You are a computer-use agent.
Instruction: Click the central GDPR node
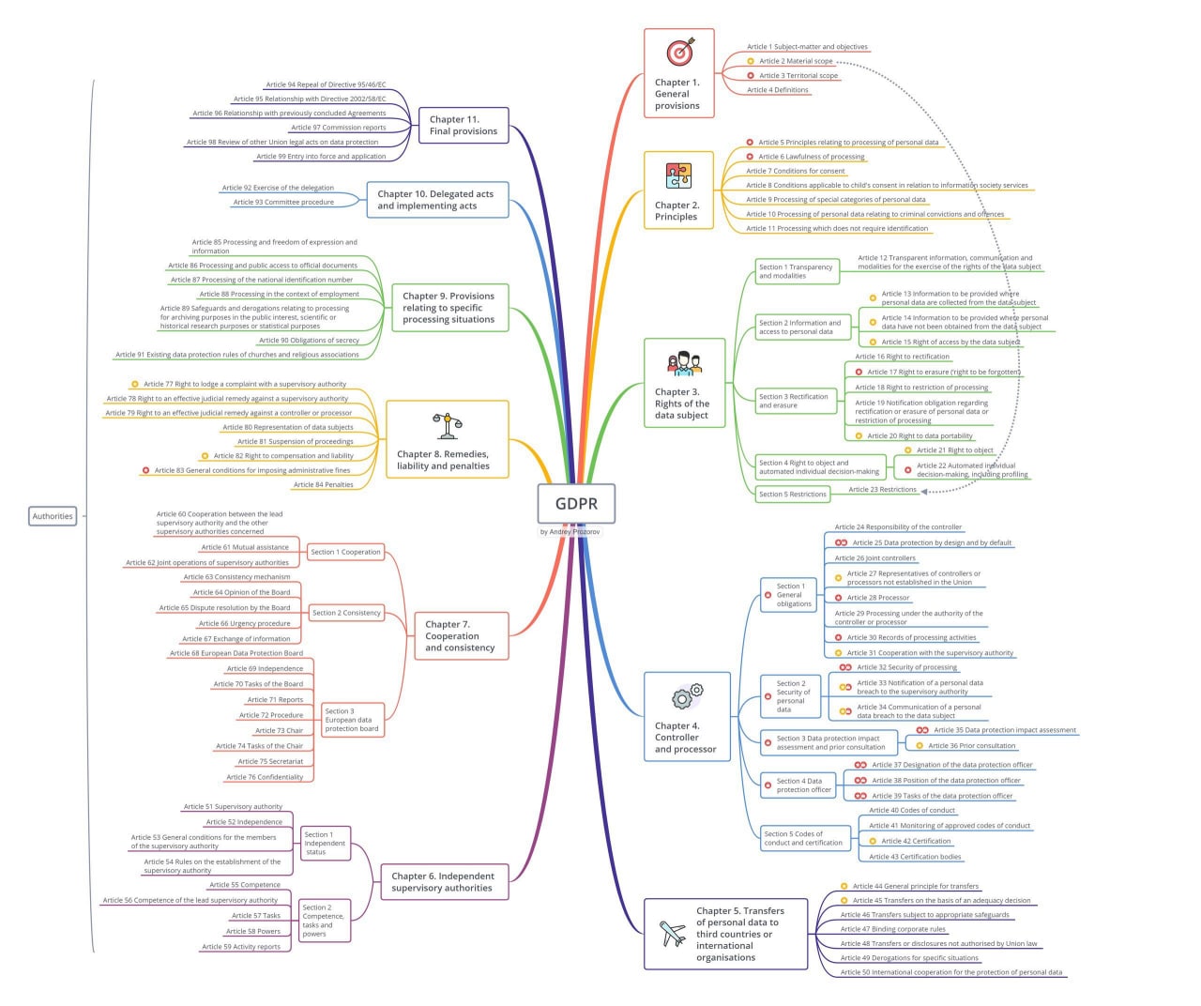(576, 503)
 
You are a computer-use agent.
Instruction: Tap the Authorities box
(53, 516)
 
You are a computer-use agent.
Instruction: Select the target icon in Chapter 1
(680, 52)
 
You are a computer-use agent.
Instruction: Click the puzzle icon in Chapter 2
(678, 175)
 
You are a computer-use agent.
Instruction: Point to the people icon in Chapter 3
(684, 363)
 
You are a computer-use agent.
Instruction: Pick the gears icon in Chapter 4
(687, 696)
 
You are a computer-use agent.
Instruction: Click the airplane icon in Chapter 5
(672, 933)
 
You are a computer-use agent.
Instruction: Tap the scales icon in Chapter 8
(447, 426)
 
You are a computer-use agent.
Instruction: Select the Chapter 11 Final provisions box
(463, 125)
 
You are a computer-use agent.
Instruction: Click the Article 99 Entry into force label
(321, 156)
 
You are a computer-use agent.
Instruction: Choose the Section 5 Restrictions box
(792, 494)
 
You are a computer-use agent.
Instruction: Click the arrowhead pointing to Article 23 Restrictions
(923, 491)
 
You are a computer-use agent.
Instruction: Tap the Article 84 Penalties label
(324, 484)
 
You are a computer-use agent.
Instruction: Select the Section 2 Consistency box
(346, 613)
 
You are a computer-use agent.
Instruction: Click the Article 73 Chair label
(279, 730)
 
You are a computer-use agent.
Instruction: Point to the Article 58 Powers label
(253, 931)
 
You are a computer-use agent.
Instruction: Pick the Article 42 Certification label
(916, 840)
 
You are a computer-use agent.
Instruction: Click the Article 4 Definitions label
(777, 90)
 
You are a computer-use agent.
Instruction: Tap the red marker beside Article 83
(145, 470)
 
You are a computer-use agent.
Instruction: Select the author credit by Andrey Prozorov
(570, 531)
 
